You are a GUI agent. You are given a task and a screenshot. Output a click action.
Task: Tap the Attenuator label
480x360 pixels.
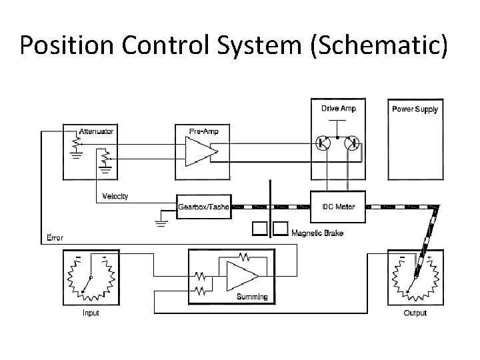[96, 131]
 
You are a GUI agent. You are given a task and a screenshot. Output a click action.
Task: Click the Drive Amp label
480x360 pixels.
[339, 108]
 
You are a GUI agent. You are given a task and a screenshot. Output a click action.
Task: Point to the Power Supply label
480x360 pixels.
[415, 109]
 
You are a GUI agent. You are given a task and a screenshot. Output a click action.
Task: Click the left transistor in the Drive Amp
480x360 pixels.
[323, 143]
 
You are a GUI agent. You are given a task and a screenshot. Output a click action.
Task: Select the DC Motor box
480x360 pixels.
[339, 206]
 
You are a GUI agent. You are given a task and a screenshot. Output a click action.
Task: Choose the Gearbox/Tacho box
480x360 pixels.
[203, 207]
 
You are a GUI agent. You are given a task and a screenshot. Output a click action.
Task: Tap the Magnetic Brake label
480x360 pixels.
[317, 233]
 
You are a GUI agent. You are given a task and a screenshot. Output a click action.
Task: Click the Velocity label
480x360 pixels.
[115, 196]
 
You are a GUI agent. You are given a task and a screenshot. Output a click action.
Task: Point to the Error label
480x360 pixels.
[55, 237]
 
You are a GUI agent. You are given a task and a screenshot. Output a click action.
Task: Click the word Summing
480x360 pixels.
[252, 297]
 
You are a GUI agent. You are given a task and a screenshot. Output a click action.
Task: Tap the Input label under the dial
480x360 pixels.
[91, 313]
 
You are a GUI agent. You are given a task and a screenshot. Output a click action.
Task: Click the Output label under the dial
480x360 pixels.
[415, 313]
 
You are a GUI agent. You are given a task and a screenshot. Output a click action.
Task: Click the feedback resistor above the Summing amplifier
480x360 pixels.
[245, 255]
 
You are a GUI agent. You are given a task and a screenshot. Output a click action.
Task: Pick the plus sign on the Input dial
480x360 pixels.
[104, 257]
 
